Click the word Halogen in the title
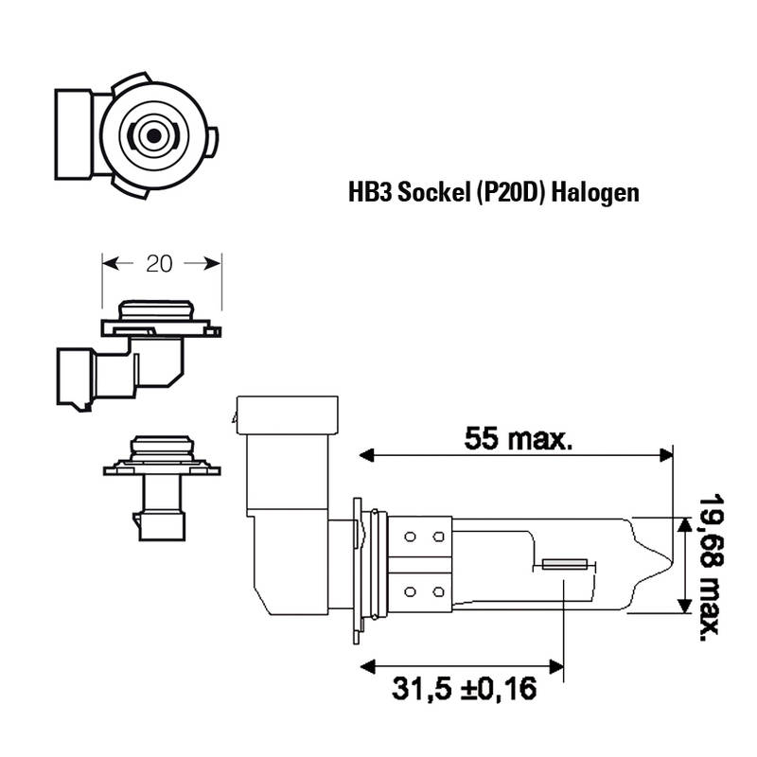coord(595,193)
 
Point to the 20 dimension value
coord(159,264)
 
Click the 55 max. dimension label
coord(518,439)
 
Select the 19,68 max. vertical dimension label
coord(712,567)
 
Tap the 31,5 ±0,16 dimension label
coord(464,689)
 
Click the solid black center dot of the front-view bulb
coord(154,135)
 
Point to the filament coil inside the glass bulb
coord(565,564)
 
